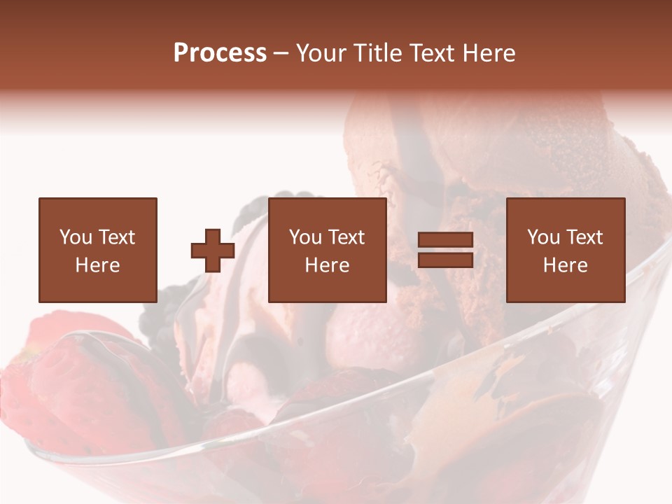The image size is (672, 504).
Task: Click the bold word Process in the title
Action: click(x=220, y=53)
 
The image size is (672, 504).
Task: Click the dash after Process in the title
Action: click(x=281, y=53)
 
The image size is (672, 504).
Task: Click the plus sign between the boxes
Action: click(x=213, y=251)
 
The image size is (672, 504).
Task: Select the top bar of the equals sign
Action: click(x=445, y=240)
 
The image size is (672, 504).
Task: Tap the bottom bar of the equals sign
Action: click(x=445, y=260)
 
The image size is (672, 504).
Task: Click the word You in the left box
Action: click(x=76, y=237)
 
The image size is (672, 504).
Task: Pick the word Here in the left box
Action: click(x=97, y=265)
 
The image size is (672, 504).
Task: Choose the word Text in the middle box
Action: click(x=346, y=237)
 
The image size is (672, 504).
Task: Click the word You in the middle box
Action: click(x=305, y=237)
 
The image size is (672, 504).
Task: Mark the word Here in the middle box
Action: click(x=327, y=265)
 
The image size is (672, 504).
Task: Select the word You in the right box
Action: click(x=543, y=237)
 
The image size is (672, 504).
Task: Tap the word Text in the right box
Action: click(x=584, y=237)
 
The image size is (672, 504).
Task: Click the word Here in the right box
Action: click(x=565, y=265)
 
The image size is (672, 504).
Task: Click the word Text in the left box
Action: click(x=116, y=237)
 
